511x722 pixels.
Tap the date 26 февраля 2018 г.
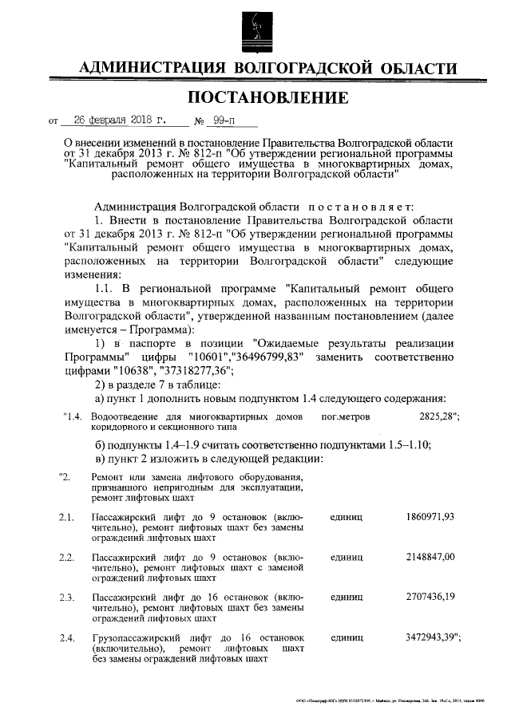click(x=117, y=121)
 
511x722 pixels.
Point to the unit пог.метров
click(x=344, y=417)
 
